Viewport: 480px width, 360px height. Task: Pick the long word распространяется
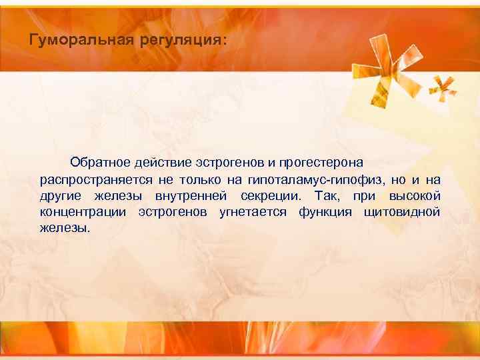(x=95, y=179)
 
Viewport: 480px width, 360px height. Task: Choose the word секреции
(x=271, y=196)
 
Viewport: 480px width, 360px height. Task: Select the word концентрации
(x=83, y=212)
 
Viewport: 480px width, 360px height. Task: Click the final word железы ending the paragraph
(x=63, y=228)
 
